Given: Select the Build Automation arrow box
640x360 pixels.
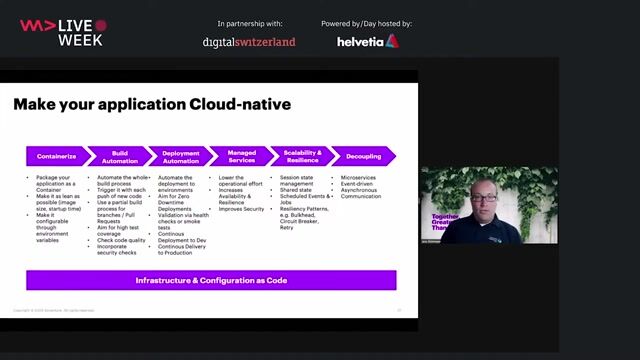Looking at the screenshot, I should (118, 156).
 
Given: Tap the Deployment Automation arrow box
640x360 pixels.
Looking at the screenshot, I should (180, 156).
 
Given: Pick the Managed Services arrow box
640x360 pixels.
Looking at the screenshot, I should (242, 156).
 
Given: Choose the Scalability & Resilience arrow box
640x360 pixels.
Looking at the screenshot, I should (303, 156).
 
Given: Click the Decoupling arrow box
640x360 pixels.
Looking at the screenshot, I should (362, 156).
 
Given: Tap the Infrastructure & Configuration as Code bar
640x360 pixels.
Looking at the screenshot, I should (210, 280).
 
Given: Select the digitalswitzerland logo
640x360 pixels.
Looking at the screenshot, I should (249, 42).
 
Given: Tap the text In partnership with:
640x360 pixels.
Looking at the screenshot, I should (249, 23).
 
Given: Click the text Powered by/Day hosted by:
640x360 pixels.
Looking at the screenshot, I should (366, 23).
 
